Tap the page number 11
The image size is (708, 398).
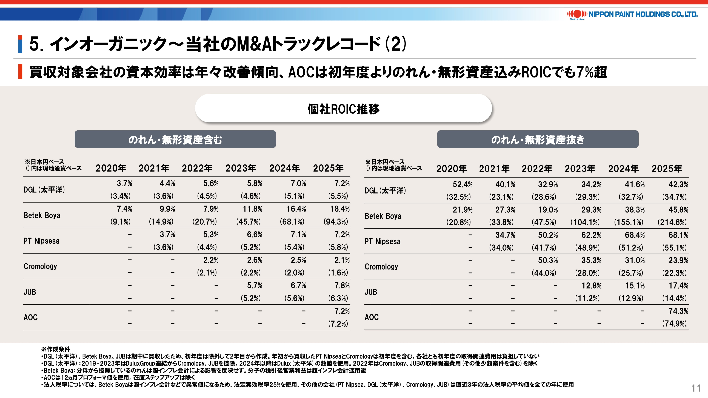coord(696,388)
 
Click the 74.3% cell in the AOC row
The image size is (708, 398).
coord(678,311)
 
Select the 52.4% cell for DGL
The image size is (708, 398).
coord(463,184)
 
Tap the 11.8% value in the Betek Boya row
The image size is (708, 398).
coord(252,209)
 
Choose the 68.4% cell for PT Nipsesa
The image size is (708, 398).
coord(635,235)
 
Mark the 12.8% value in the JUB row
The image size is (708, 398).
coord(591,286)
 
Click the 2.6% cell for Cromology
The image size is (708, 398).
coord(255,260)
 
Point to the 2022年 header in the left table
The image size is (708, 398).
coord(197,168)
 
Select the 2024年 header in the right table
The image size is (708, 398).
coord(623,169)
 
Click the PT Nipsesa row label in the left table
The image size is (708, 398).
coord(41,241)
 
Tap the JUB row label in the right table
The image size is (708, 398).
coord(371,292)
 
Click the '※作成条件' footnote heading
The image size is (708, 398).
coord(56,349)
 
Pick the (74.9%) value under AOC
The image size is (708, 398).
coord(674,324)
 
